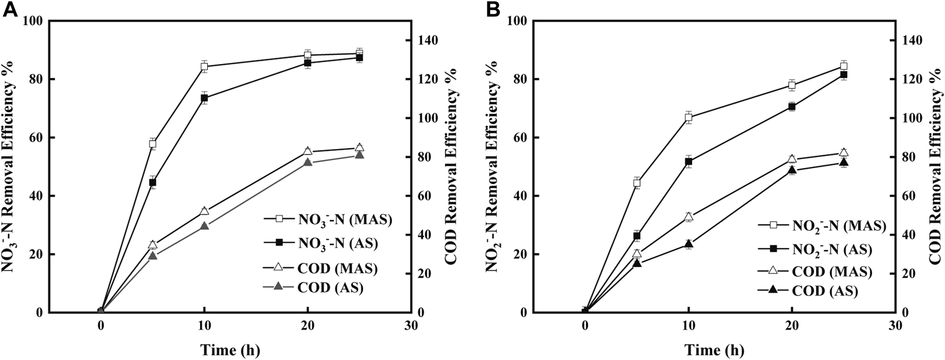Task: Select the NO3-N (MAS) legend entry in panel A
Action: pyautogui.click(x=327, y=219)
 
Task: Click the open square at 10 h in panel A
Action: pyautogui.click(x=204, y=67)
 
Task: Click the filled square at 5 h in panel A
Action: pyautogui.click(x=153, y=182)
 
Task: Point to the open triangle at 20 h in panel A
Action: pyautogui.click(x=308, y=151)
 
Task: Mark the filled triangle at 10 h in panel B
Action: pyautogui.click(x=688, y=244)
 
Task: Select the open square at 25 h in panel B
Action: pyautogui.click(x=844, y=66)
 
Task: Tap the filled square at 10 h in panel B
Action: pyautogui.click(x=688, y=161)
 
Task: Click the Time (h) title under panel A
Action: pyautogui.click(x=230, y=350)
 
